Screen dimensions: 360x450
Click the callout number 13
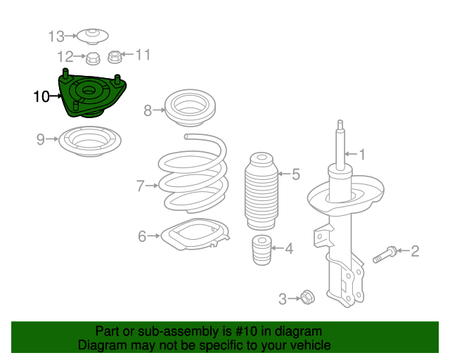click(x=56, y=35)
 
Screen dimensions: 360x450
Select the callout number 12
click(x=65, y=56)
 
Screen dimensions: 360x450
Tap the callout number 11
click(x=143, y=54)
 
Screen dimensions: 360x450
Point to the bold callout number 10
click(x=41, y=96)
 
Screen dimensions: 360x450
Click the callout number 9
click(x=41, y=139)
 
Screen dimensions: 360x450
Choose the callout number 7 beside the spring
click(x=140, y=186)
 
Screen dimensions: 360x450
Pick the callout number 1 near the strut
click(x=363, y=154)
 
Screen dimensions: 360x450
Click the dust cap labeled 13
click(x=92, y=36)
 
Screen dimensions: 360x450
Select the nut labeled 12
click(x=91, y=58)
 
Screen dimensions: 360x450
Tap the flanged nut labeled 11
click(x=115, y=54)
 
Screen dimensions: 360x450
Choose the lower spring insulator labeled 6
click(x=195, y=235)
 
